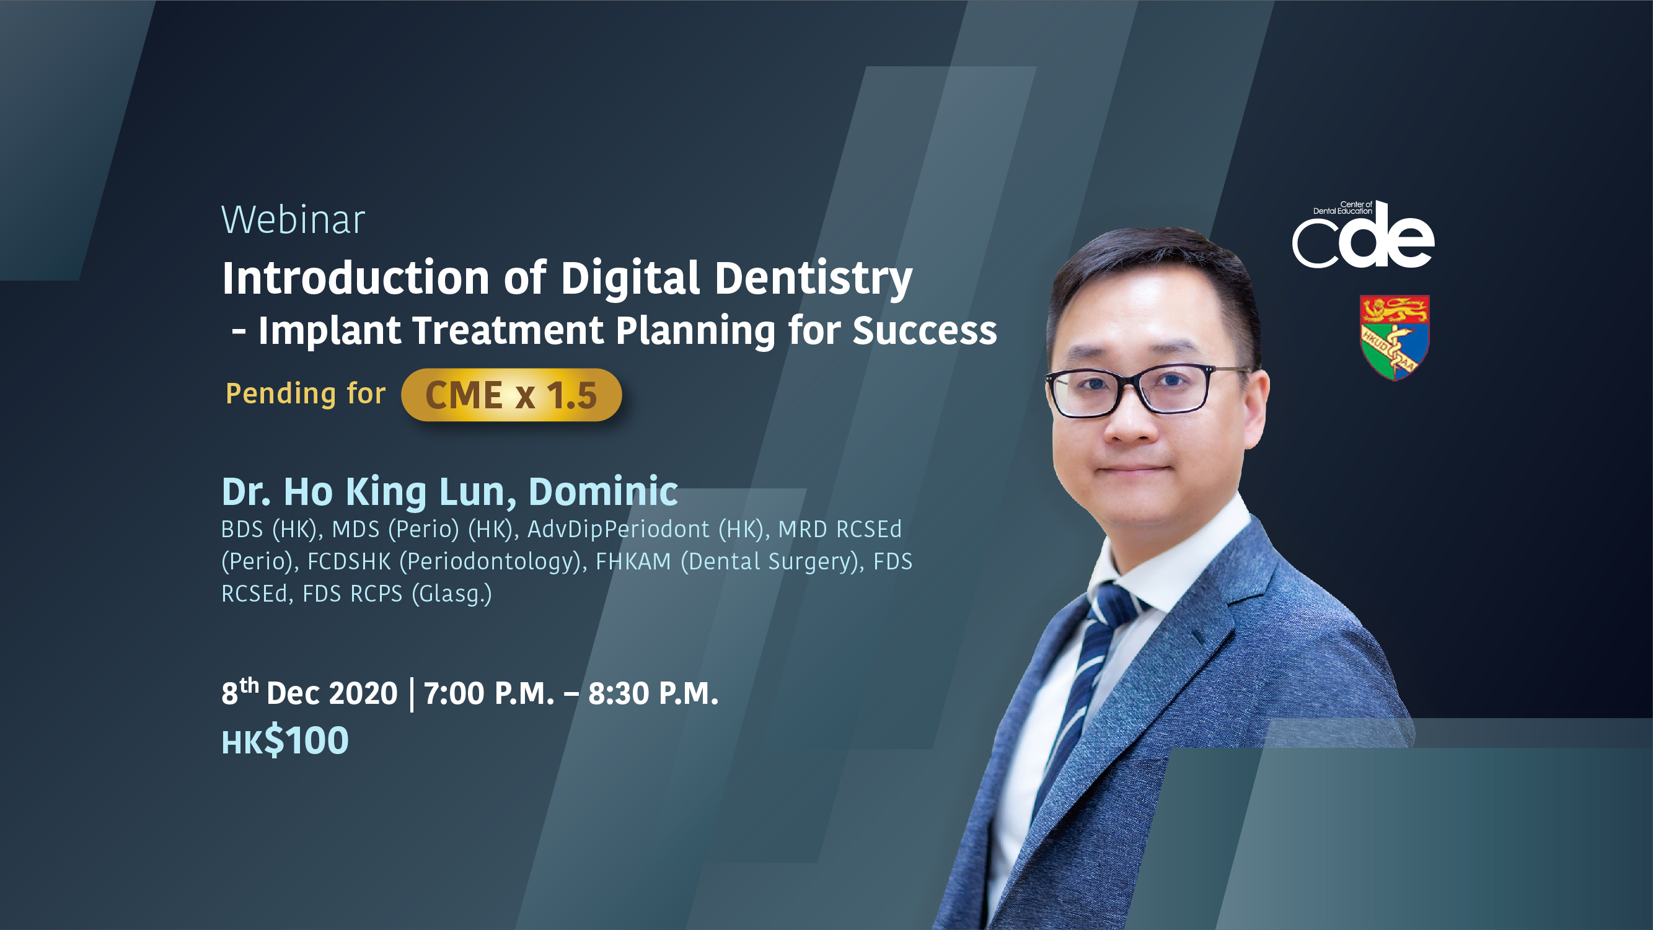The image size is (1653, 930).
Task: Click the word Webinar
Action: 293,219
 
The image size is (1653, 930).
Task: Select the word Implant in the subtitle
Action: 330,331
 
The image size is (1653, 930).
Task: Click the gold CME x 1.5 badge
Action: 511,395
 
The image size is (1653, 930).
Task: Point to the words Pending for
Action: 306,393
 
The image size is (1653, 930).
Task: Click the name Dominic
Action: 603,491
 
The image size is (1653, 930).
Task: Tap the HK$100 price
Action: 285,741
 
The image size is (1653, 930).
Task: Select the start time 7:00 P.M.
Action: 489,693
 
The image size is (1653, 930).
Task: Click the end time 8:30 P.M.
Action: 653,693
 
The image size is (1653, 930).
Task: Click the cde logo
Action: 1363,234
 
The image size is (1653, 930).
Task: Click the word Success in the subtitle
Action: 925,331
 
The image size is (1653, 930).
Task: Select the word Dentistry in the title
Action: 814,278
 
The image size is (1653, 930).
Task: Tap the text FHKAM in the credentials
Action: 633,561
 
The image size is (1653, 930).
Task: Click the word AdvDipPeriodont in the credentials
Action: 619,529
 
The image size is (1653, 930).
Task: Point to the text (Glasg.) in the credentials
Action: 452,594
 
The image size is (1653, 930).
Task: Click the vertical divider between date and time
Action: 412,694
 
